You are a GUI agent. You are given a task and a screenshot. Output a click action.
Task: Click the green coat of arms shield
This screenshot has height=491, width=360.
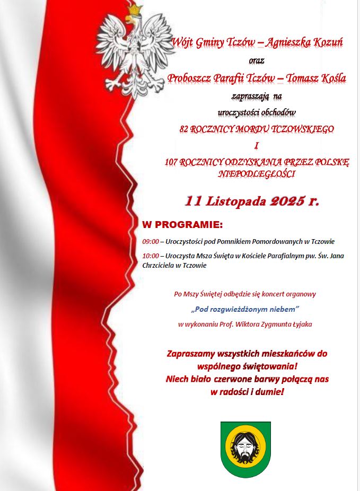[x=245, y=449]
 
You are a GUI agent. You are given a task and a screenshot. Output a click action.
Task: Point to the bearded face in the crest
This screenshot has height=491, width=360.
[x=245, y=448]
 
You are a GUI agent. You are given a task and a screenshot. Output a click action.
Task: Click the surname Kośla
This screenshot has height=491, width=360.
[x=331, y=78]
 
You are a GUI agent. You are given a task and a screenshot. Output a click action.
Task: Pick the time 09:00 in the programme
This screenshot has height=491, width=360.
[x=151, y=242]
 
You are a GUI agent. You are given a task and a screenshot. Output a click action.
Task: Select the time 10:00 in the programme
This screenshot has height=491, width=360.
[x=151, y=256]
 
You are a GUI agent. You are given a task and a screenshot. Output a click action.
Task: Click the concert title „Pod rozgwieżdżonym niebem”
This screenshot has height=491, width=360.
[x=245, y=308]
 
